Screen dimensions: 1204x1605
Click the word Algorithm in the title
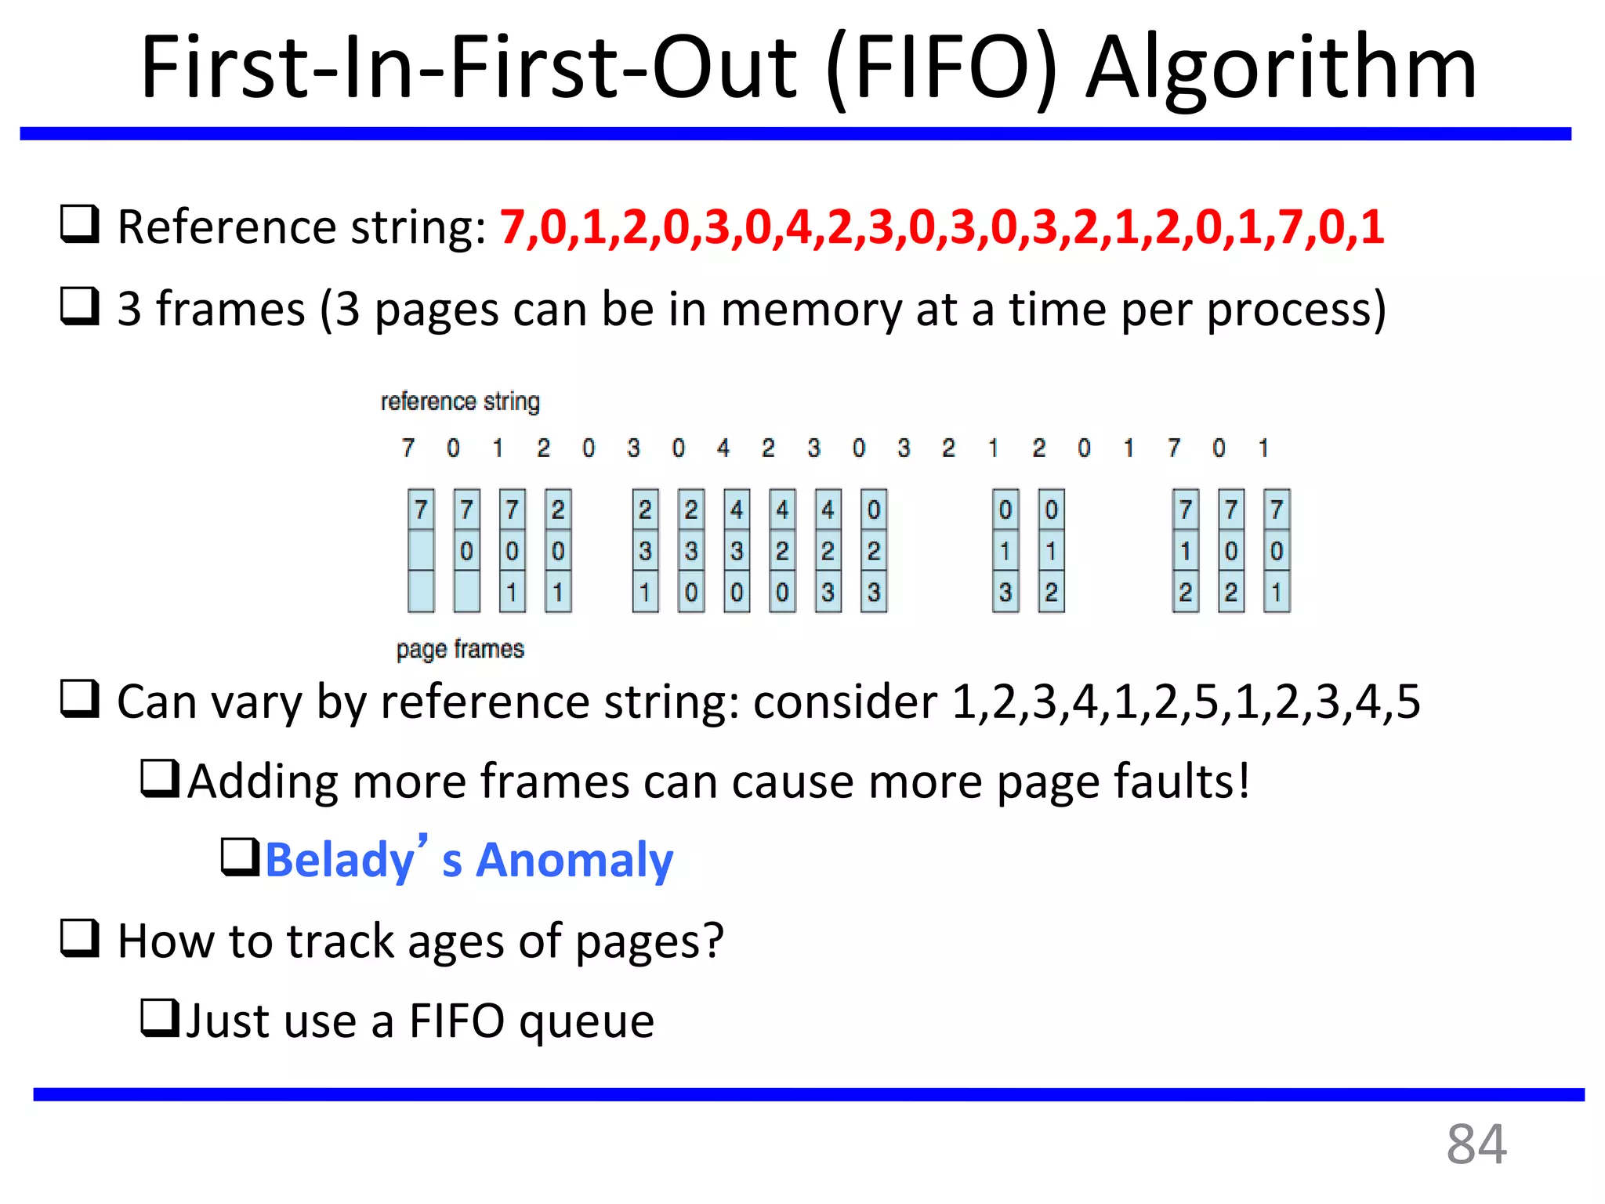1281,69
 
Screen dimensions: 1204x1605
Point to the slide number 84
1476,1144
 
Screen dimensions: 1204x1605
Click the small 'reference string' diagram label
460,401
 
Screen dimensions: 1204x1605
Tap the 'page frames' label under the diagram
460,649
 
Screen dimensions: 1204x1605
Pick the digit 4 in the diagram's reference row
723,448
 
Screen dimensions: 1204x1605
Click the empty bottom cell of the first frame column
421,592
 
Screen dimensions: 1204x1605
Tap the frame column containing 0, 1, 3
1005,551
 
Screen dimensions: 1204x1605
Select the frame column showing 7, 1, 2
1186,551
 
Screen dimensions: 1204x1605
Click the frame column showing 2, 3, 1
645,551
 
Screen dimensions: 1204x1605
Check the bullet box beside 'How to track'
80,938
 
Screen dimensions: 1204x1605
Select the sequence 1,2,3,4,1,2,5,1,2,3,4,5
1185,702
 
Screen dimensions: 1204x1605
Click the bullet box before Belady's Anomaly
240,857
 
